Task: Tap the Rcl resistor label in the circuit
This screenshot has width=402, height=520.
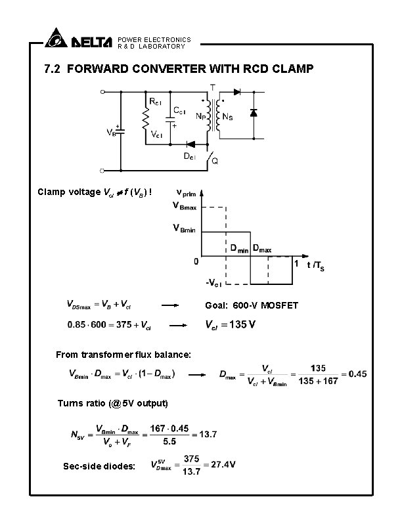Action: pos(156,102)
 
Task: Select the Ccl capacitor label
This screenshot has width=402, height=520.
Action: pos(179,112)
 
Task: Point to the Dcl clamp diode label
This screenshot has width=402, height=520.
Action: pos(189,156)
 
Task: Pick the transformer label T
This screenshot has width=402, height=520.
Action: pos(212,87)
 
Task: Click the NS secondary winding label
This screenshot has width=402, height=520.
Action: pos(228,117)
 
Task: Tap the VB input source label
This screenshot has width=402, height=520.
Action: pos(112,132)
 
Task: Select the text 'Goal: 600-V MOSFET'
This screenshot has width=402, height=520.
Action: pos(252,306)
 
